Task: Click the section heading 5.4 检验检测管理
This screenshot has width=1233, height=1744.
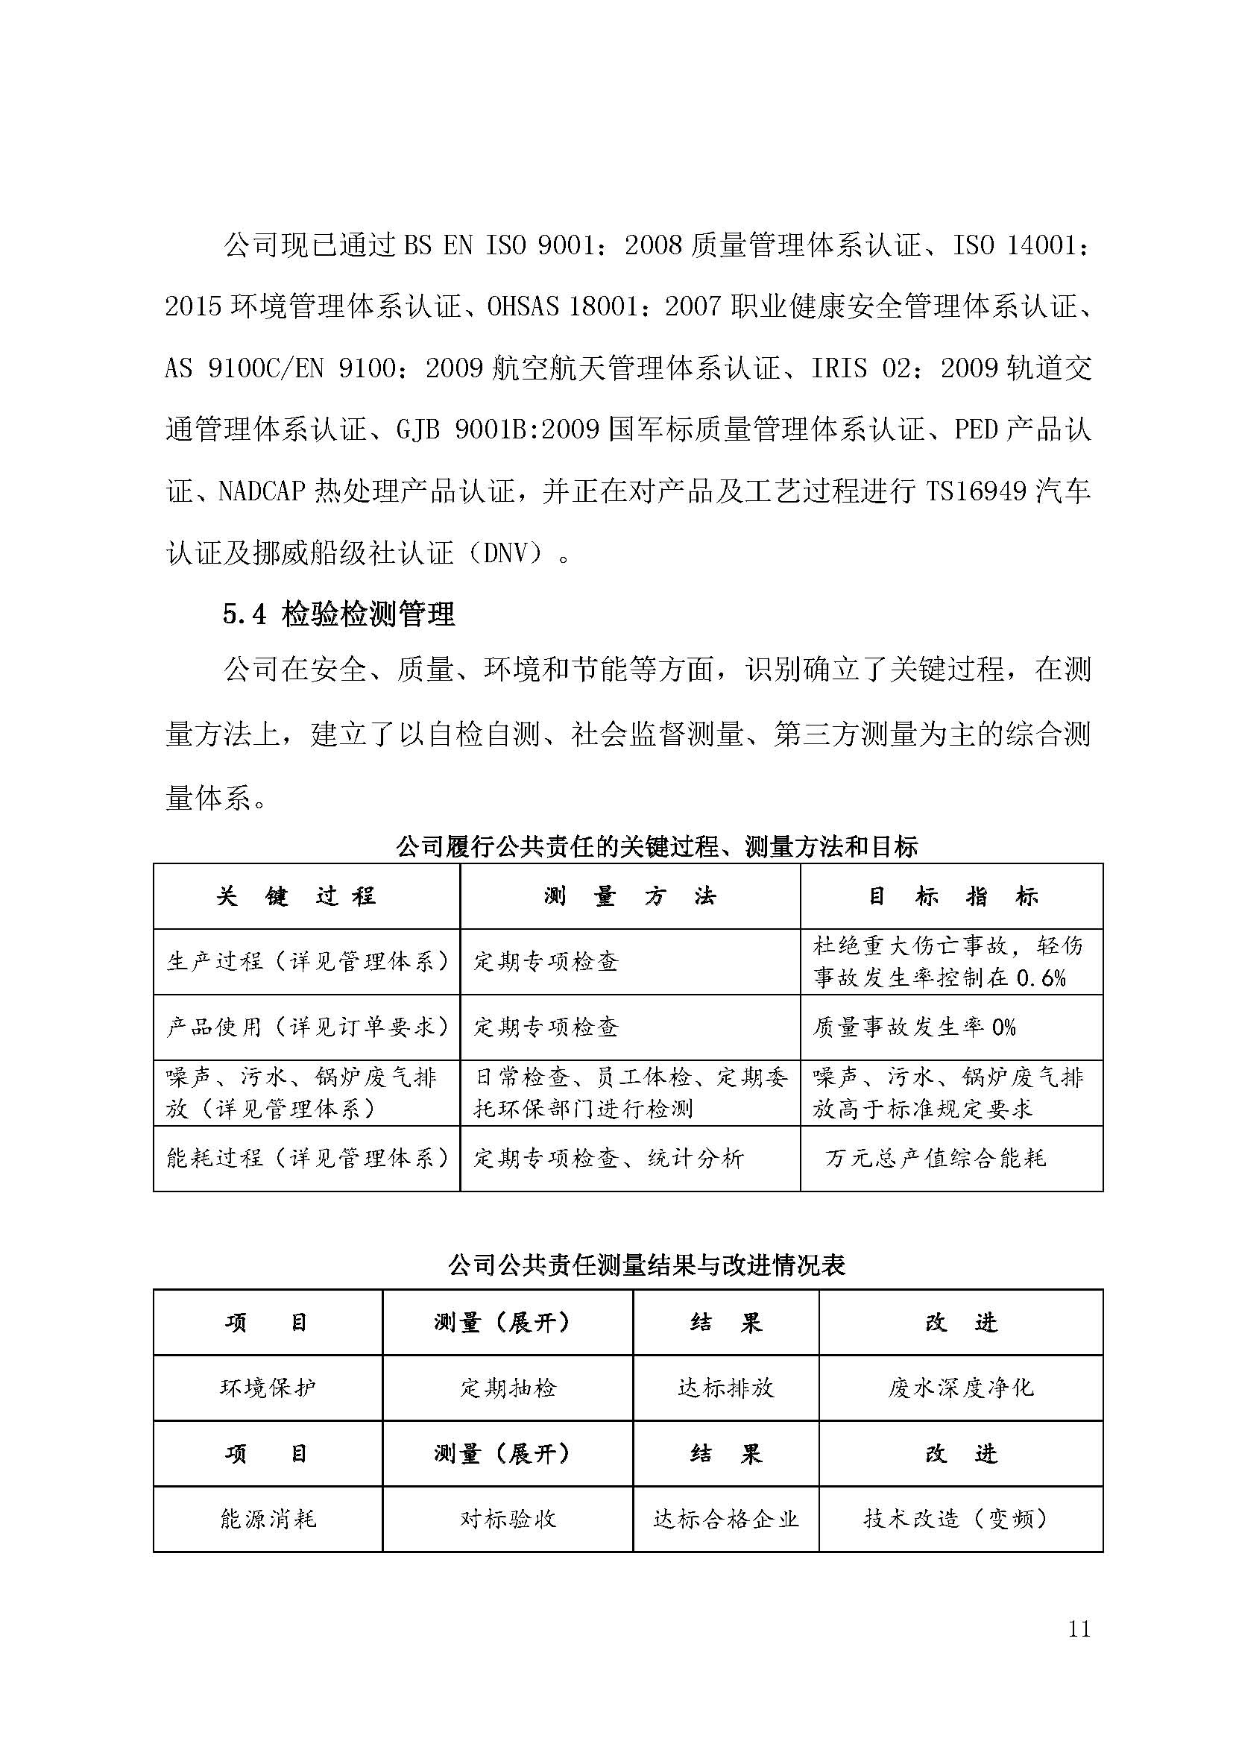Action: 338,614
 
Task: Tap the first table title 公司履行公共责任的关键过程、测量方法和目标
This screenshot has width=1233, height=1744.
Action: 657,846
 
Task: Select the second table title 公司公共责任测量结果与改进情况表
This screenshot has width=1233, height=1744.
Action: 646,1265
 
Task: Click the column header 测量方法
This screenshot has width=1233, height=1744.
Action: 629,896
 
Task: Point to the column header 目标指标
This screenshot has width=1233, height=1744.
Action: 952,896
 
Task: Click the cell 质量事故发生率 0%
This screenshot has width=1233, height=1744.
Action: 914,1027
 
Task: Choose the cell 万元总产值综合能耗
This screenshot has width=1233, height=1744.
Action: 936,1159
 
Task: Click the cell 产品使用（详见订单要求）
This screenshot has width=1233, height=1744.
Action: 306,1027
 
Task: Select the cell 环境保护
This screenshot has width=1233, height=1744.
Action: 268,1388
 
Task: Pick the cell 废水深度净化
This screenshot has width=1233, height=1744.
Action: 960,1388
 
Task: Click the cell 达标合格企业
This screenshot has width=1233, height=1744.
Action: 726,1519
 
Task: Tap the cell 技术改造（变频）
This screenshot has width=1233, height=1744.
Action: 960,1519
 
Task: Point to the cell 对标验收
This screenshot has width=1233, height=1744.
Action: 508,1519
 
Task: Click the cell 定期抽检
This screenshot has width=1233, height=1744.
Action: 508,1388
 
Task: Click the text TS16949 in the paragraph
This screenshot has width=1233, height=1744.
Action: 977,492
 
